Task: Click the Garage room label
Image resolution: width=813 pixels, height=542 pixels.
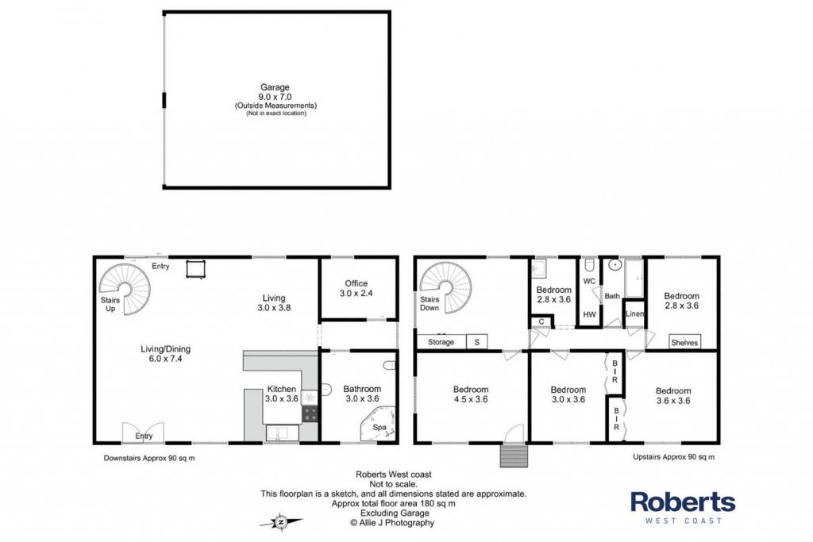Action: [x=275, y=87]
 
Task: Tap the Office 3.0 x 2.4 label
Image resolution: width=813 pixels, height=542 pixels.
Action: [x=356, y=288]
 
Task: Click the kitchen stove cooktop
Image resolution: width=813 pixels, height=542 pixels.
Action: [x=310, y=413]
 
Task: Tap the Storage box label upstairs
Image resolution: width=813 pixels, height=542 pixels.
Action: [x=441, y=342]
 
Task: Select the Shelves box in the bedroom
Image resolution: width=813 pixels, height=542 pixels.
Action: [x=684, y=342]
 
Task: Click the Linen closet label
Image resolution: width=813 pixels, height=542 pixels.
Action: [x=634, y=313]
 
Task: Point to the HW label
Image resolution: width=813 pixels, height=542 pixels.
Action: [x=590, y=314]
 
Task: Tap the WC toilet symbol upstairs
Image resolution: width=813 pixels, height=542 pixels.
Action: [x=590, y=265]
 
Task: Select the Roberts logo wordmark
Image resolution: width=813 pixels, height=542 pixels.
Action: [x=683, y=502]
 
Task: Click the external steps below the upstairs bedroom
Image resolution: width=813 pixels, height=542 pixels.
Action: [x=514, y=456]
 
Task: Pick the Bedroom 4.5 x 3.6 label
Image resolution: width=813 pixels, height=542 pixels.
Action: [x=471, y=394]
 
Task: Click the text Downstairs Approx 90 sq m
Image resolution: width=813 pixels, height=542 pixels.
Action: [x=149, y=458]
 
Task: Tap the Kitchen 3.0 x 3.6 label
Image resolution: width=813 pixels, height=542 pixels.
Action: [x=282, y=394]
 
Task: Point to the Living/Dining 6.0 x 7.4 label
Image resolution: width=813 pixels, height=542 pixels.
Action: [x=165, y=353]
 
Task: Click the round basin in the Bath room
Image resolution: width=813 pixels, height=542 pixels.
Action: [x=615, y=265]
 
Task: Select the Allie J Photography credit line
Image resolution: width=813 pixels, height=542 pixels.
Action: [x=392, y=523]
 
